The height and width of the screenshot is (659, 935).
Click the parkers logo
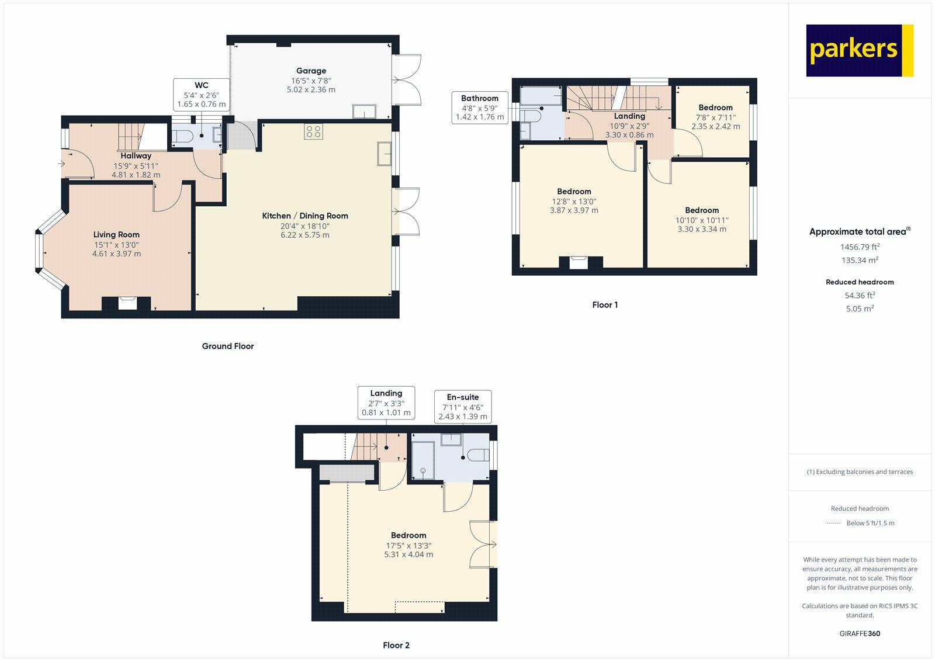[x=860, y=50]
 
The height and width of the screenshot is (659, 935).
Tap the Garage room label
[x=311, y=71]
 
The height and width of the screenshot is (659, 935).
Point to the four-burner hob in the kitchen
[x=313, y=132]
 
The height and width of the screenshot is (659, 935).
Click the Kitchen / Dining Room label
[x=304, y=216]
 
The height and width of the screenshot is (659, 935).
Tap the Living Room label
[x=116, y=234]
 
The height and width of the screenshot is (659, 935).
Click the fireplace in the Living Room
[x=127, y=303]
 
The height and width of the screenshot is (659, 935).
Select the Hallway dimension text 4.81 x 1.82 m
[x=136, y=175]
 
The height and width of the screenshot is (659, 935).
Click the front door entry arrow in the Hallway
[x=61, y=164]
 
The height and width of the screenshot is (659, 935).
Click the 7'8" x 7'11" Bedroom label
[x=715, y=107]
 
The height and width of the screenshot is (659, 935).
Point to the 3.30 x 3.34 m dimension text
[x=702, y=229]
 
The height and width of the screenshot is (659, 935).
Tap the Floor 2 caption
[x=396, y=645]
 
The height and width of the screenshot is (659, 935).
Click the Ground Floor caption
[x=228, y=346]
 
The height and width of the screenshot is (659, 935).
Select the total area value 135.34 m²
[x=860, y=260]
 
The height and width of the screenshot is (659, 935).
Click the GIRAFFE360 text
[x=860, y=633]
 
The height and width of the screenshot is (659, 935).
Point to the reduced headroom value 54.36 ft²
[x=860, y=295]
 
